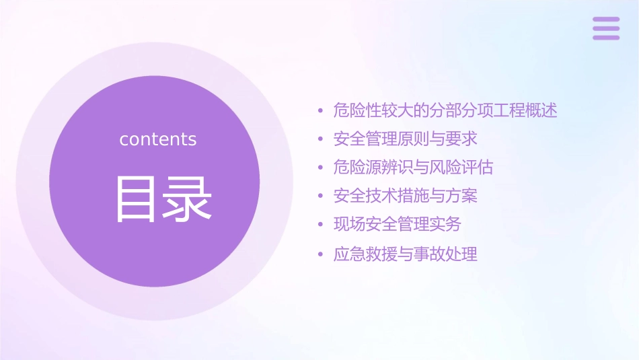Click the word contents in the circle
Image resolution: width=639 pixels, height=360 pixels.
click(x=158, y=139)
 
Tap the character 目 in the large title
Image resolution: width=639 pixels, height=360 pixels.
click(x=137, y=199)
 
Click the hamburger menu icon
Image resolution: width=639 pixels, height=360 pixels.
click(x=606, y=28)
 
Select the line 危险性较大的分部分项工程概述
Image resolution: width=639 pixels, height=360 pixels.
click(x=445, y=110)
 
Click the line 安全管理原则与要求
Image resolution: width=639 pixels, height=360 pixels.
click(x=405, y=139)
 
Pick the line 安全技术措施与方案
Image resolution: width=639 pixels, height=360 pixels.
click(x=405, y=196)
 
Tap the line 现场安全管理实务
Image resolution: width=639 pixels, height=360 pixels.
click(x=397, y=224)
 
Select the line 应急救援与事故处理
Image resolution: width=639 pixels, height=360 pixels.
click(x=405, y=254)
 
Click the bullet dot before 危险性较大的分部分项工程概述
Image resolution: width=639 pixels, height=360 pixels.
click(x=321, y=111)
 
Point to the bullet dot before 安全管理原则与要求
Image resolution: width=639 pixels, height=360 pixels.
click(x=321, y=140)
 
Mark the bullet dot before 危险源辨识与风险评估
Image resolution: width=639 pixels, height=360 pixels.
click(x=321, y=168)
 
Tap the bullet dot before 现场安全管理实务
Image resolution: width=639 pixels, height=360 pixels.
click(x=321, y=225)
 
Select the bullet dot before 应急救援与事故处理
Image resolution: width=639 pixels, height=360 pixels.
click(x=321, y=255)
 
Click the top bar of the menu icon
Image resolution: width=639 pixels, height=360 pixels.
click(x=606, y=20)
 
